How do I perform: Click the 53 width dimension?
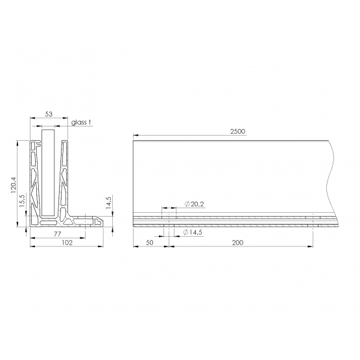49,114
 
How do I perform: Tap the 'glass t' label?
81,123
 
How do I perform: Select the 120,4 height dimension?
14,185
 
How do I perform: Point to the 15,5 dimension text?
22,200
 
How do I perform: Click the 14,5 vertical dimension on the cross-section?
108,202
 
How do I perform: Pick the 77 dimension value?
57,234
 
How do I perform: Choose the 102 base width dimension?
67,243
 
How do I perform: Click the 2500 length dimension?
237,131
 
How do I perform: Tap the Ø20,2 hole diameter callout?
194,204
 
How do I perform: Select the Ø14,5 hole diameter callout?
193,232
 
